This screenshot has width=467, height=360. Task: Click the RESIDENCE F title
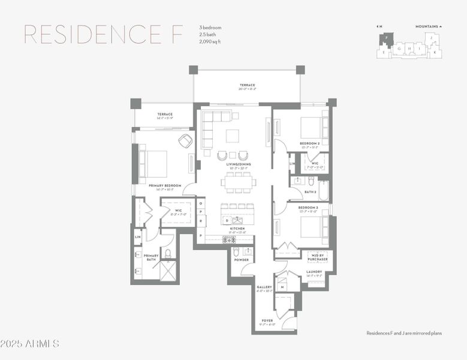pos(103,35)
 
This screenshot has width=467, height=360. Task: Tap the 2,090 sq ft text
pos(211,42)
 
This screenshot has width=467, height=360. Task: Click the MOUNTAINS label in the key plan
pos(428,26)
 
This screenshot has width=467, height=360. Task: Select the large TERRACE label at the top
pos(248,85)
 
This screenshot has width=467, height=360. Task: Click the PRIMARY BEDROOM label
pos(165,186)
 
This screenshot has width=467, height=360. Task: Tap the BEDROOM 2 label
pos(309,144)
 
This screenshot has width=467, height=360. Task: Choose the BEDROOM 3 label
pos(308,208)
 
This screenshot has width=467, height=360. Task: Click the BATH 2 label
pos(311,192)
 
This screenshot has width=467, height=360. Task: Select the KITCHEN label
pos(237,229)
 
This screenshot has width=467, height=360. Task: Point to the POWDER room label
pos(241,260)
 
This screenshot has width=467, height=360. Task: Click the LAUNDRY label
pos(314,272)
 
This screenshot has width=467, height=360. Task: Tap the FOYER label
pos(267,320)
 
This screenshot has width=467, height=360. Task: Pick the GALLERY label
pos(264,287)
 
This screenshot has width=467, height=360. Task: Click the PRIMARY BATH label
pos(151,258)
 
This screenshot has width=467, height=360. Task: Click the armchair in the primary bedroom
pos(186,141)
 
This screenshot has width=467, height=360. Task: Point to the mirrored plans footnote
pos(404,333)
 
